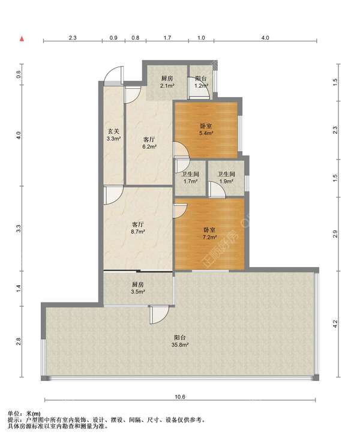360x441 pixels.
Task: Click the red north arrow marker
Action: click(x=22, y=39)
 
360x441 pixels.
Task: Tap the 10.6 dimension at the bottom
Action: click(x=180, y=397)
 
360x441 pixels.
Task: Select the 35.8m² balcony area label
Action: click(x=180, y=341)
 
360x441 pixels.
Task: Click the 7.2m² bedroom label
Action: click(x=209, y=233)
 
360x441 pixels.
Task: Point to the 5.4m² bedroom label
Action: click(x=206, y=130)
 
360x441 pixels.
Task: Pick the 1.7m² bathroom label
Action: click(x=190, y=178)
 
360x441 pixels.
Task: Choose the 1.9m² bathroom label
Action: click(x=226, y=178)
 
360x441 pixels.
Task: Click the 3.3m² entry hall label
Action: click(x=113, y=135)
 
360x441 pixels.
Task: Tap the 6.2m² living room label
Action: click(x=149, y=143)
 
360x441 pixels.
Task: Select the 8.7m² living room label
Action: click(x=138, y=228)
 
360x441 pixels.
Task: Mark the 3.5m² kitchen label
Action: click(x=138, y=288)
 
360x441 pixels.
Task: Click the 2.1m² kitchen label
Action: click(x=167, y=82)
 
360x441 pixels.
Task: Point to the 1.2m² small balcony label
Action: click(x=201, y=82)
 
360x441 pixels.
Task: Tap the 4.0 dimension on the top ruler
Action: click(x=265, y=37)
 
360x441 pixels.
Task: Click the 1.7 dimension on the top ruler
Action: click(x=167, y=37)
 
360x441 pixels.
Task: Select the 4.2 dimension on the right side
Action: click(x=335, y=324)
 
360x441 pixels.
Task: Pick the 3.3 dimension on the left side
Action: click(x=19, y=229)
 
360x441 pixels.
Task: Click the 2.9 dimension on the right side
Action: click(x=335, y=234)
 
